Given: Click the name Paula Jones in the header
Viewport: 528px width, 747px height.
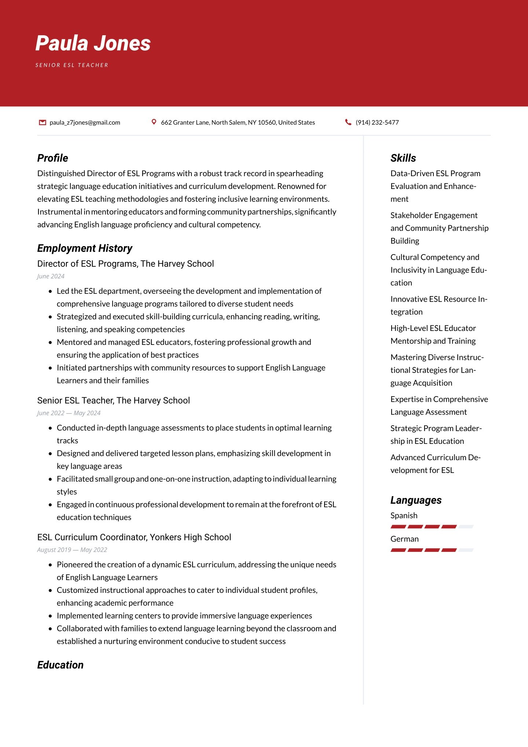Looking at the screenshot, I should pyautogui.click(x=93, y=43).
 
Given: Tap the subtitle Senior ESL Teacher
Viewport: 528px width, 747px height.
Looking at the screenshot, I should pyautogui.click(x=72, y=65).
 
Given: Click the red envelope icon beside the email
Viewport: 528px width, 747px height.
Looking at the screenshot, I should pyautogui.click(x=43, y=122).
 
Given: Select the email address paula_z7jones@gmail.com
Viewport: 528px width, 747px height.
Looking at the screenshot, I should pyautogui.click(x=85, y=123).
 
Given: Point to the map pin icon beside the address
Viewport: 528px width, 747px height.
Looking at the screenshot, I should pyautogui.click(x=154, y=122).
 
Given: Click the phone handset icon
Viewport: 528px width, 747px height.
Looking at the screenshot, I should pyautogui.click(x=348, y=122).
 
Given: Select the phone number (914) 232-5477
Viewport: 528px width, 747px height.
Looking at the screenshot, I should pyautogui.click(x=377, y=123).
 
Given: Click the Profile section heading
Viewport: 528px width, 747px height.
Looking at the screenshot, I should pyautogui.click(x=52, y=158).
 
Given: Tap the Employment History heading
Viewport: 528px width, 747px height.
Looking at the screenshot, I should pyautogui.click(x=85, y=248).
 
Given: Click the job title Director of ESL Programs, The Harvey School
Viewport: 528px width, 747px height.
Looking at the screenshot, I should pyautogui.click(x=125, y=264).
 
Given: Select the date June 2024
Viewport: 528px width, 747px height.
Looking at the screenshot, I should pyautogui.click(x=51, y=276).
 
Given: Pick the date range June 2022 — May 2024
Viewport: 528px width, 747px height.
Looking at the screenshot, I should pyautogui.click(x=69, y=413).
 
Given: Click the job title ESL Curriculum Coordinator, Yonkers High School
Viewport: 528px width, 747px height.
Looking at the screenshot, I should pyautogui.click(x=134, y=537).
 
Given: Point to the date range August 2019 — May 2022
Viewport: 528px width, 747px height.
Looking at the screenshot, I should pyautogui.click(x=72, y=550).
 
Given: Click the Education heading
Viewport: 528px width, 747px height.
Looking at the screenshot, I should pyautogui.click(x=60, y=665).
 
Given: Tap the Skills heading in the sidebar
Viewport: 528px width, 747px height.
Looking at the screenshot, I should pyautogui.click(x=403, y=158).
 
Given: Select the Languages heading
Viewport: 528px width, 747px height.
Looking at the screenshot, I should pyautogui.click(x=416, y=500).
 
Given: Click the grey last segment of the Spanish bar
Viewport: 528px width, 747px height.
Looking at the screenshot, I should pyautogui.click(x=466, y=526).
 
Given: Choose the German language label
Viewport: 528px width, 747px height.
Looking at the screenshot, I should pyautogui.click(x=404, y=539).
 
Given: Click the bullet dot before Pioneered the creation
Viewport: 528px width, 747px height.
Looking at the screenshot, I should pyautogui.click(x=50, y=565).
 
